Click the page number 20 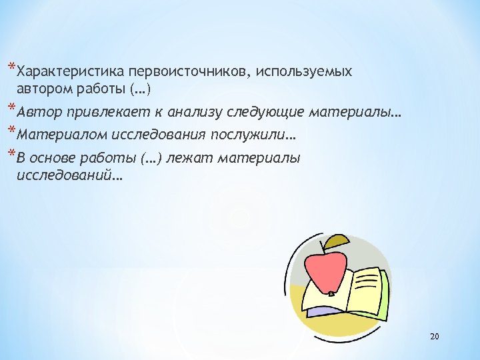click(435, 337)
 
